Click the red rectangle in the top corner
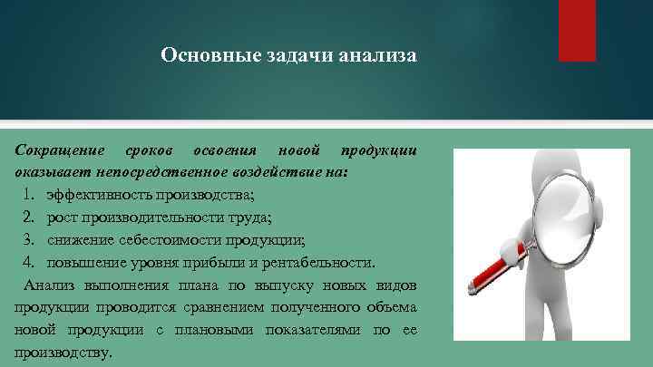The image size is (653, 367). [x=577, y=29]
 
